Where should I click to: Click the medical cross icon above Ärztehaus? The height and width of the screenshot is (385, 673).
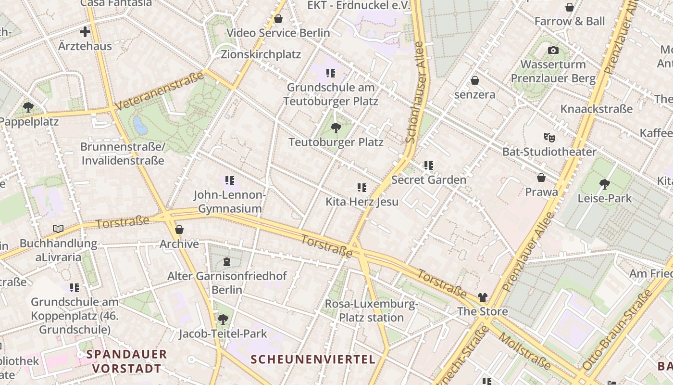click(85, 32)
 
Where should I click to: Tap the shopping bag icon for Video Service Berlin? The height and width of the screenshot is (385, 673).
click(278, 19)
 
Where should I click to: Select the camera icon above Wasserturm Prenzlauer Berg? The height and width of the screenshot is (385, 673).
click(553, 50)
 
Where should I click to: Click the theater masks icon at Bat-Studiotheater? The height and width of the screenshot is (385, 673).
click(549, 138)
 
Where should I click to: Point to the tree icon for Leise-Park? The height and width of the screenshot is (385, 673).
click(605, 184)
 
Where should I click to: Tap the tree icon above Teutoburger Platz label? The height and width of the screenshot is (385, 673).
click(336, 128)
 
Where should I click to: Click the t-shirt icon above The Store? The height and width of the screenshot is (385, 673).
click(482, 297)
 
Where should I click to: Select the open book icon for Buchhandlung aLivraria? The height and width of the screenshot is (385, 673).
click(58, 229)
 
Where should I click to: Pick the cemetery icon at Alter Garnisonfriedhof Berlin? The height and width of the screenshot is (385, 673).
click(226, 262)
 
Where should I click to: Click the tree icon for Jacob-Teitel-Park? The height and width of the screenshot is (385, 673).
click(223, 319)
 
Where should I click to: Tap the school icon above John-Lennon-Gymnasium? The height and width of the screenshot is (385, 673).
click(230, 180)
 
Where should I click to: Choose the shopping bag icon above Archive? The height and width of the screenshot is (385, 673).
click(179, 230)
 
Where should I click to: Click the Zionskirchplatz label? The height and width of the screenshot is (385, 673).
click(261, 54)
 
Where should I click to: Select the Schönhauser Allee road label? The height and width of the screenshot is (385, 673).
click(415, 92)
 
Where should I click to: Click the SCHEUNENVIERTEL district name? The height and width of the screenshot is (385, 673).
click(313, 359)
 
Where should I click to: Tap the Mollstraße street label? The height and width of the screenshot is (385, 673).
click(524, 350)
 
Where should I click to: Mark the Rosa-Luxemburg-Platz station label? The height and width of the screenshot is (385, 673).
click(371, 311)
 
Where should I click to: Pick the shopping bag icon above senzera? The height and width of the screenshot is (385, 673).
click(475, 80)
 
